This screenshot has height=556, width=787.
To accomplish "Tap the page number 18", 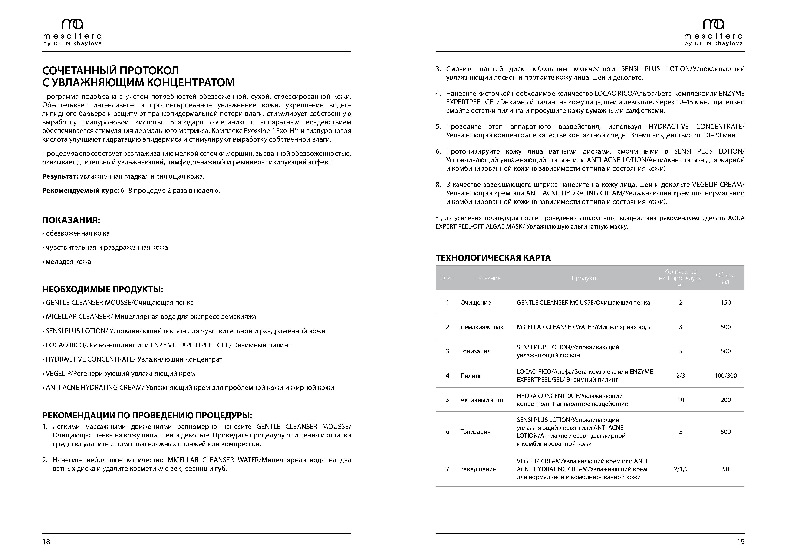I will (x=46, y=541).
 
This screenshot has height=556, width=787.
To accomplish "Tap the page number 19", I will (x=740, y=541).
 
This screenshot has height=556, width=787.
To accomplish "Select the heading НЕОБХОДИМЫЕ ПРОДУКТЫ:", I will (x=102, y=289).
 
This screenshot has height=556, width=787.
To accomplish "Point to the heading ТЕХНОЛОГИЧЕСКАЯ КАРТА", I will (x=493, y=258).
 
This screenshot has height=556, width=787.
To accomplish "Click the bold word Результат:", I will (x=60, y=176).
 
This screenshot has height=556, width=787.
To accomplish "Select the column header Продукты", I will (x=585, y=278).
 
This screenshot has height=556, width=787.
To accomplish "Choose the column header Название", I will (x=487, y=278).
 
